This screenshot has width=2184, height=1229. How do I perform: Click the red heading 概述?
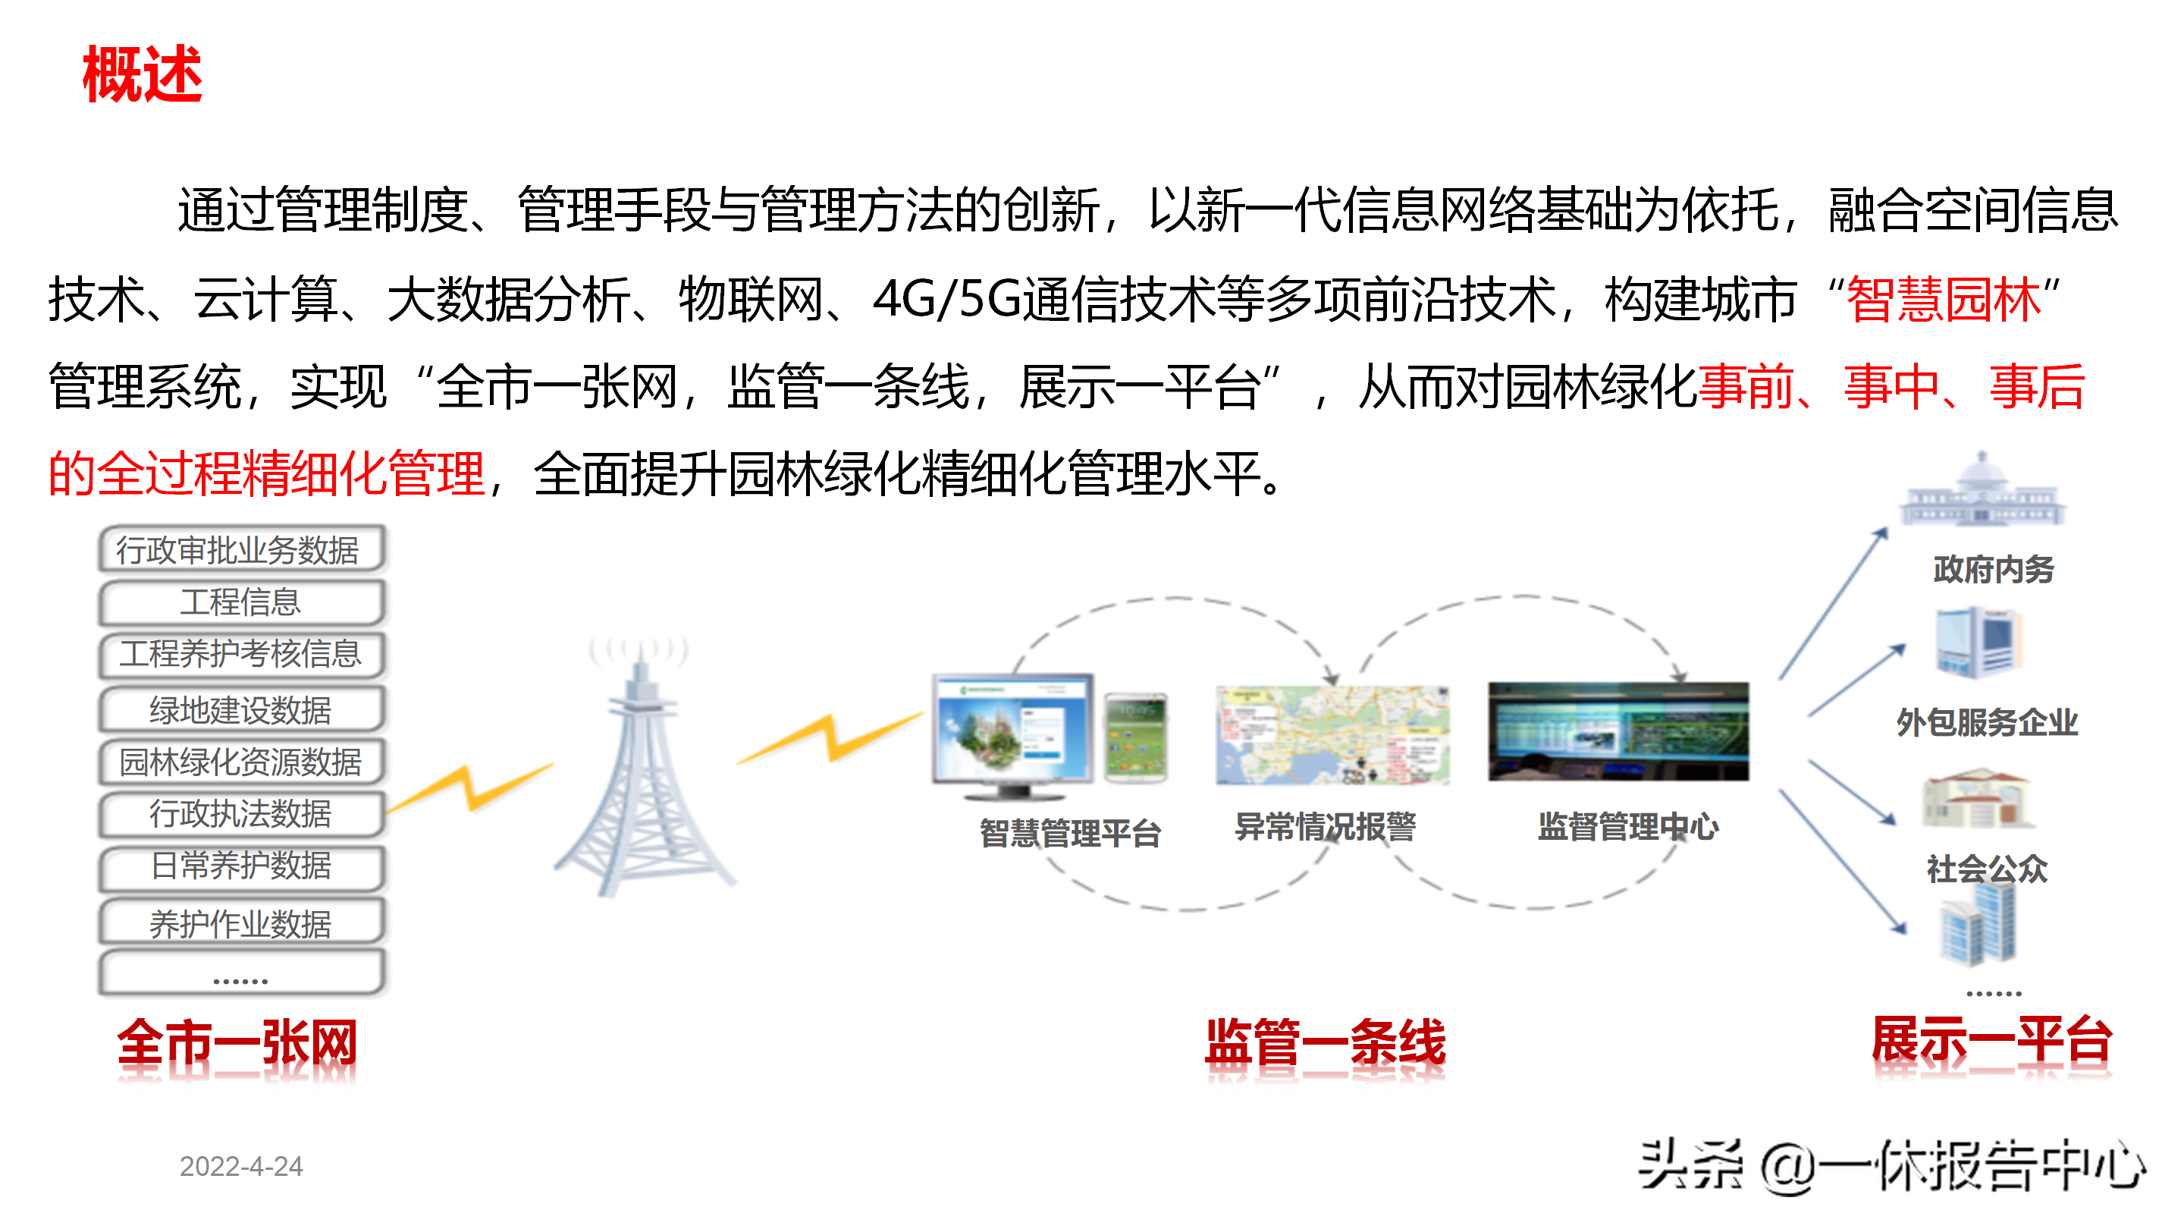point(142,74)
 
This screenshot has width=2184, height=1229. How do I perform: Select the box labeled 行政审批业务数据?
point(242,548)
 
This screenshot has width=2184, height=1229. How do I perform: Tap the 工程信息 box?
point(242,602)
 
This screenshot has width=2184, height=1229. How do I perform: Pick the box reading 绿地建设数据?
point(242,709)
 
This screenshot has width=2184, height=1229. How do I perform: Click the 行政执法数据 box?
point(242,813)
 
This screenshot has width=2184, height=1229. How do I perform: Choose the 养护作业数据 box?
point(242,922)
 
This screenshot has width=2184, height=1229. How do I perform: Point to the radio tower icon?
point(642,768)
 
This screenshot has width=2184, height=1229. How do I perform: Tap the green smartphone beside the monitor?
point(1136,736)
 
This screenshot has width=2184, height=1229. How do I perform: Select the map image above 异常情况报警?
point(1332,734)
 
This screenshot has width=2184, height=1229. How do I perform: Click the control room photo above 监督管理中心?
point(1618,731)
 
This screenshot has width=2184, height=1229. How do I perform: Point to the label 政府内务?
point(1993,569)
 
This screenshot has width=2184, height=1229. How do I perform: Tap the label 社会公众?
point(1987,869)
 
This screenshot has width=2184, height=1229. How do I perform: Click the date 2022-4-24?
point(241,1166)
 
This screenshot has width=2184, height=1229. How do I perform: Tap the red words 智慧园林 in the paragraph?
point(1944,300)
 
